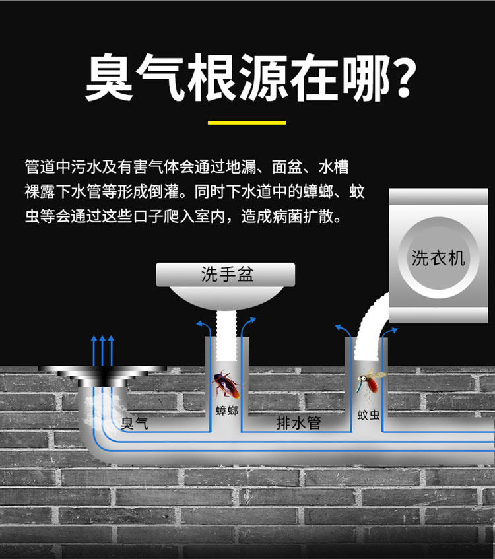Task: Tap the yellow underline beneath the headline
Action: tap(247, 122)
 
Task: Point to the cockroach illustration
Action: tap(226, 385)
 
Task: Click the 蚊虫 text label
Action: tap(368, 414)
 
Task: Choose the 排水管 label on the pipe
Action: tap(298, 423)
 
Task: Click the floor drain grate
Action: tap(102, 373)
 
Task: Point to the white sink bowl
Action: tap(226, 300)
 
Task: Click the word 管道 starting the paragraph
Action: tap(38, 167)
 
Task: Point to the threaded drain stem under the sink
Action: tap(226, 340)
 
